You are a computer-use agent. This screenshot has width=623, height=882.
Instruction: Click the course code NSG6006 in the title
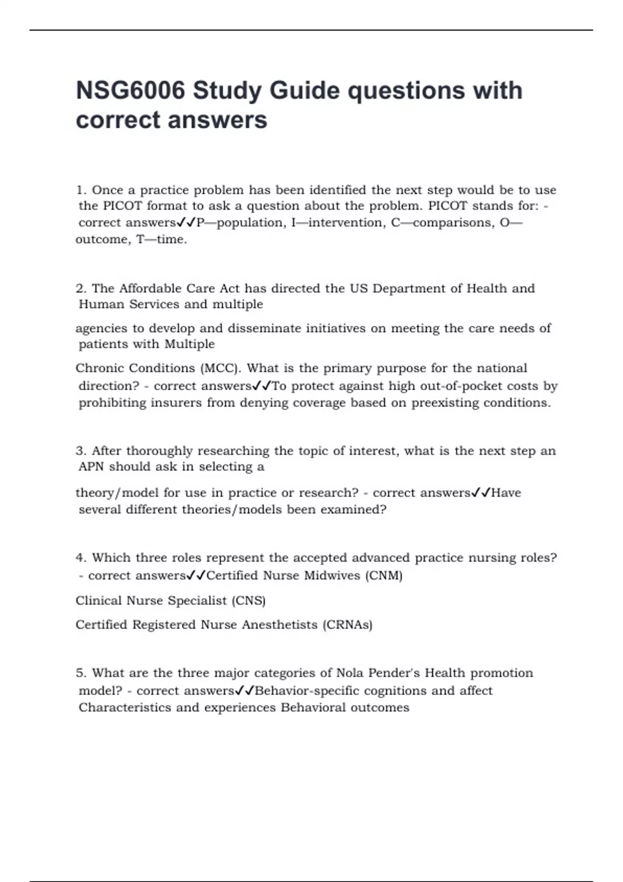point(130,90)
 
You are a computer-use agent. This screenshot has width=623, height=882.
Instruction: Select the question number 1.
point(80,190)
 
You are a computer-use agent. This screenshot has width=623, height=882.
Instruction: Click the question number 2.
point(80,288)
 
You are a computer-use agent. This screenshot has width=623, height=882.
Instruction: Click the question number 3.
point(80,451)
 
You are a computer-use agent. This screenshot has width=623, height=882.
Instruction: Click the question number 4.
point(80,558)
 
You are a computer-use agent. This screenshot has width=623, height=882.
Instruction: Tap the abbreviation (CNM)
point(384,575)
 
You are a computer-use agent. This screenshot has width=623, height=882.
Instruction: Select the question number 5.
point(80,673)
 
